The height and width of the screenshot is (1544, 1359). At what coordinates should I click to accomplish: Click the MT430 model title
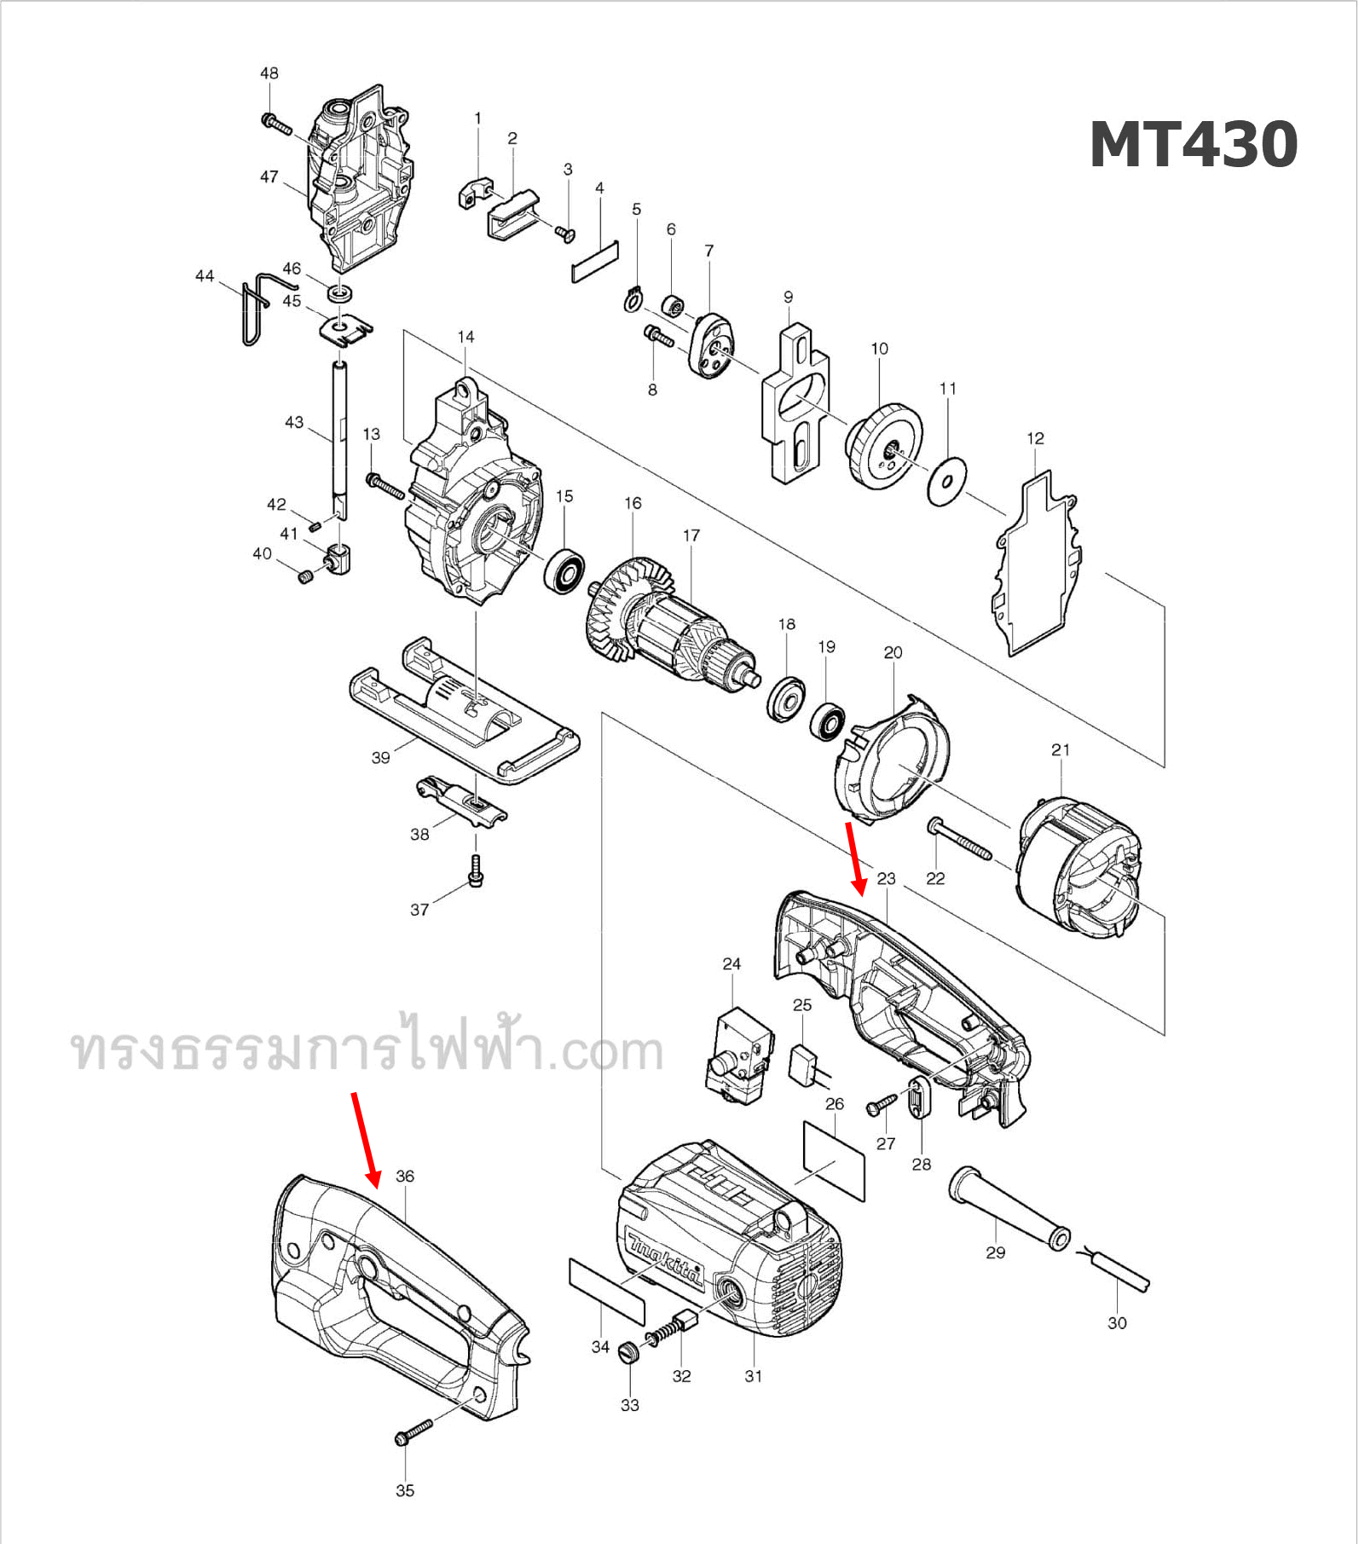coord(1193,145)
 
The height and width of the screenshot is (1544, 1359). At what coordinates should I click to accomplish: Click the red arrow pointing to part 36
coord(366,1139)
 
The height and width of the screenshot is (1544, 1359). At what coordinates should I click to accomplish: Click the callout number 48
coord(269,73)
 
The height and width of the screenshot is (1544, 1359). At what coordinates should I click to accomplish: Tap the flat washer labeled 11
coord(946,482)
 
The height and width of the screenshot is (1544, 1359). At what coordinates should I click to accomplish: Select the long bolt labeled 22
coord(959,840)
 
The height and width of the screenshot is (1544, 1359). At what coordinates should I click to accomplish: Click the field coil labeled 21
coord(1079,870)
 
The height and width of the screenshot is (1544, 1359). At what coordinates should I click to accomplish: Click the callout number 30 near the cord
coord(1117,1322)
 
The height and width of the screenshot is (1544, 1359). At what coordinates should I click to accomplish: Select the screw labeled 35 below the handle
coord(413,1433)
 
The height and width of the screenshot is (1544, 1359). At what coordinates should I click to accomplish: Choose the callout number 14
coord(466,337)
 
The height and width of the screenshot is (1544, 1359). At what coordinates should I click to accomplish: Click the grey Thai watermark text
coord(367,1048)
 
